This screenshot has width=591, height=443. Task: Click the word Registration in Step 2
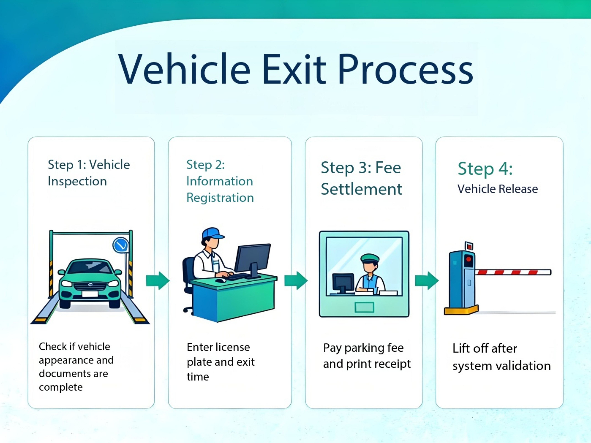[x=220, y=198]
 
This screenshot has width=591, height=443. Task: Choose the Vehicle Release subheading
[x=498, y=189]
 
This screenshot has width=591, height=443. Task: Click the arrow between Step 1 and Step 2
[x=158, y=281]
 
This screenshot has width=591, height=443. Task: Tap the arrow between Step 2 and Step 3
[x=296, y=281]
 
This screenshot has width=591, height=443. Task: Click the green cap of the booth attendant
[x=370, y=258]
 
